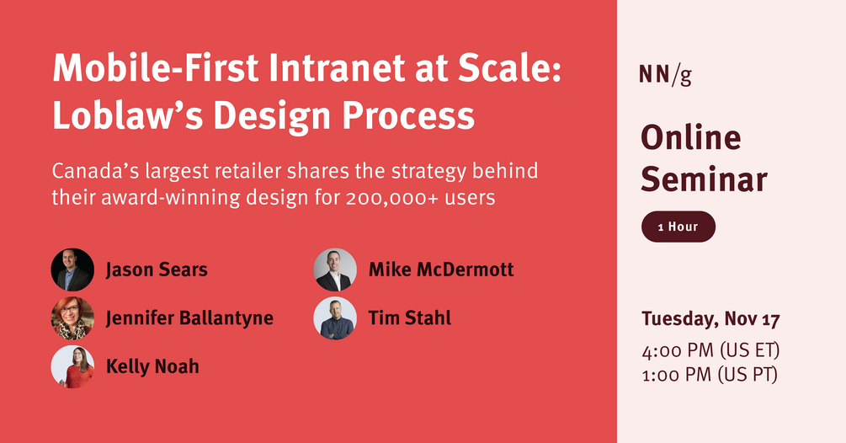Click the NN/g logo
click(x=665, y=76)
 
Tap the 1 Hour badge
click(x=678, y=227)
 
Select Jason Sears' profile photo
click(x=72, y=270)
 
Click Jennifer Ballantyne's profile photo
click(x=72, y=318)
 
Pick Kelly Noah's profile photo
click(x=72, y=366)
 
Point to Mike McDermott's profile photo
click(x=335, y=270)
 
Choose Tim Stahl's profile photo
click(x=335, y=318)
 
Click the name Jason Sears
click(x=157, y=270)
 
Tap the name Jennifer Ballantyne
click(x=189, y=318)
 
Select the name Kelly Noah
click(x=152, y=366)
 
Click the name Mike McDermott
click(x=440, y=270)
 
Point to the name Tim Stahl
click(x=409, y=318)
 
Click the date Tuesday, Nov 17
click(x=710, y=319)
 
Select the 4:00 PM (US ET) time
click(x=709, y=350)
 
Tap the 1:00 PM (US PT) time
click(x=709, y=374)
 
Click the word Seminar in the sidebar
click(x=704, y=179)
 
